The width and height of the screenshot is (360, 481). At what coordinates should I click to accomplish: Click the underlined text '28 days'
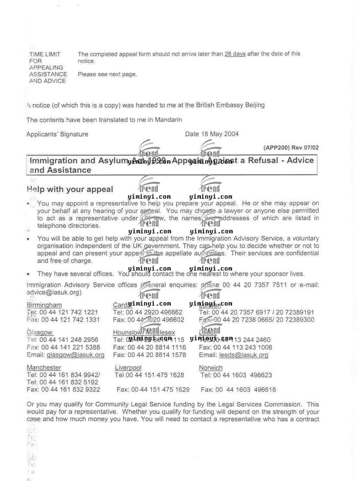point(235,54)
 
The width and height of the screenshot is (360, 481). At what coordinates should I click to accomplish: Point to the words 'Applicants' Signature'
point(57,134)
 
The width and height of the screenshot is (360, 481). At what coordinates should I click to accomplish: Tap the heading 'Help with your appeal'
point(70,189)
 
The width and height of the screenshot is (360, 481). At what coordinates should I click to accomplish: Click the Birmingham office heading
point(44,305)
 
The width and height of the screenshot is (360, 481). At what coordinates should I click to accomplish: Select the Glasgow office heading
point(40,332)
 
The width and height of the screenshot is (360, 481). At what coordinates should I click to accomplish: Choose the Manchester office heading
point(44,367)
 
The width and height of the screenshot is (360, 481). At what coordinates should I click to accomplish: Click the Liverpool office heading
point(128,367)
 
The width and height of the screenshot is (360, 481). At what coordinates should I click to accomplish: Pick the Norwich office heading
point(211,367)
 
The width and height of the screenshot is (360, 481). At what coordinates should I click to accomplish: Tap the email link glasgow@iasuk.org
point(75,355)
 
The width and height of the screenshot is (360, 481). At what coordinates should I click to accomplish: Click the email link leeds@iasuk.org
point(244,355)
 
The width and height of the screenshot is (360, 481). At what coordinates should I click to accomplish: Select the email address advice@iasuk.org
point(53,292)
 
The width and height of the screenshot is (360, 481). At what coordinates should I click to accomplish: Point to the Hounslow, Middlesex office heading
point(144,332)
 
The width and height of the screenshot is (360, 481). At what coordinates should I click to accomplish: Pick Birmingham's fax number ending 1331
point(71,319)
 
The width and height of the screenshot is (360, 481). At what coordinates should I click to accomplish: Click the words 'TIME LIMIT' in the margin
point(45,54)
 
